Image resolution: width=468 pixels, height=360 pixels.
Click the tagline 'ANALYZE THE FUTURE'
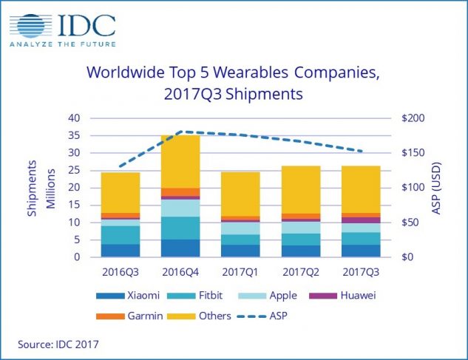pyautogui.click(x=63, y=52)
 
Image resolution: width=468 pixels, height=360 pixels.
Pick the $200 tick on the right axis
pyautogui.click(x=412, y=118)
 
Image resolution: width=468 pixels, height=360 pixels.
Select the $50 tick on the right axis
pyautogui.click(x=410, y=223)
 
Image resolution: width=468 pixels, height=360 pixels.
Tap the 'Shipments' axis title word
pyautogui.click(x=32, y=188)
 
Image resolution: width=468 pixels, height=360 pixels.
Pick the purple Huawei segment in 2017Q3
pyautogui.click(x=361, y=220)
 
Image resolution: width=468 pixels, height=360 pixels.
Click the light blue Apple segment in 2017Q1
pyautogui.click(x=240, y=228)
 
